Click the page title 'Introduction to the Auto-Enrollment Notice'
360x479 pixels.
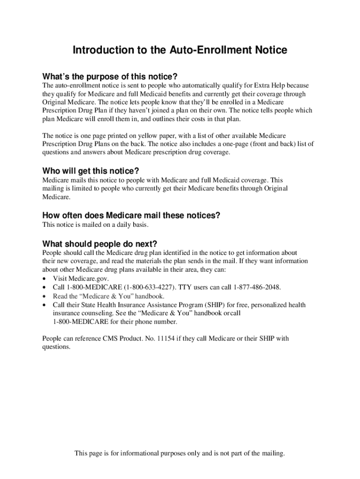180,50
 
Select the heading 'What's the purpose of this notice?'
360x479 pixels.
110,76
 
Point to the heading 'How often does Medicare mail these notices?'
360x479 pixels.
131,215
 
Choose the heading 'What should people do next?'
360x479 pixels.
100,244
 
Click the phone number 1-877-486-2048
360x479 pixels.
257,287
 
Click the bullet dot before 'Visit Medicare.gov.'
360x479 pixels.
44,279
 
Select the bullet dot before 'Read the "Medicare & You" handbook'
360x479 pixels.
44,297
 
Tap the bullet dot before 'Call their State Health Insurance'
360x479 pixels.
44,305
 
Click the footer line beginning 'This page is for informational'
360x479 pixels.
180,453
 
